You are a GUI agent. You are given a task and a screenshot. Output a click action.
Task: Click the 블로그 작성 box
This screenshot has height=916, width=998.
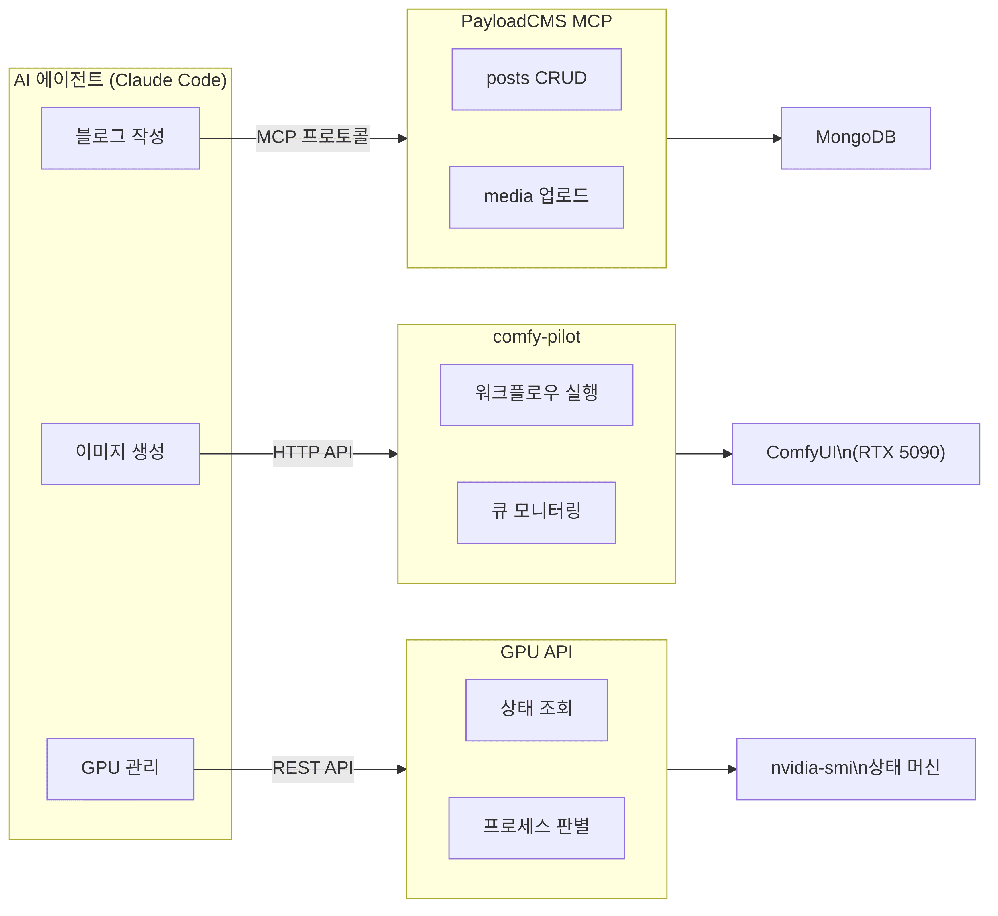tap(120, 138)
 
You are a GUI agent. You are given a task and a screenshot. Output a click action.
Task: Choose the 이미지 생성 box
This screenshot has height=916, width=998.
tap(120, 453)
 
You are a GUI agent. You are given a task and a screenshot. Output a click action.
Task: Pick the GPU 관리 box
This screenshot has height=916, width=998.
tap(120, 769)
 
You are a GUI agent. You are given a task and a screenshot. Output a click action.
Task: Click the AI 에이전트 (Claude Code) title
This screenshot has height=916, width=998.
tap(120, 80)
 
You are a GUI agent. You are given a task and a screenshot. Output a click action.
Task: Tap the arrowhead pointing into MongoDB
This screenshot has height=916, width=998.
tap(777, 138)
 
